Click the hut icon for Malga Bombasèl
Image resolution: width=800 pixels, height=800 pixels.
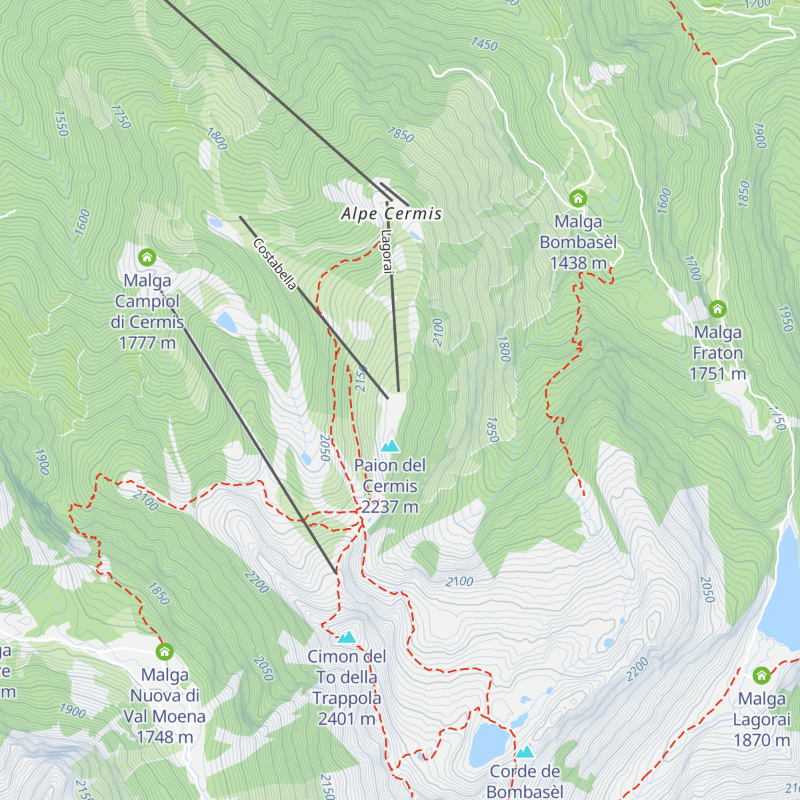pyautogui.click(x=578, y=198)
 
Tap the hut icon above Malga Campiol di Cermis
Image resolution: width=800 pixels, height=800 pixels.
pyautogui.click(x=147, y=257)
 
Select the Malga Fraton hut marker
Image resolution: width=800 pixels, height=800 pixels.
pyautogui.click(x=717, y=309)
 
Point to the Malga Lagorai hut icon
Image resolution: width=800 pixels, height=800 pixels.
pyautogui.click(x=761, y=675)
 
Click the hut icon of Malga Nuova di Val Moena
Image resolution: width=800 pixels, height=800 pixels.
pyautogui.click(x=164, y=651)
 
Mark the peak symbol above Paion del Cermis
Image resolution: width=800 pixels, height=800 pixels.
pyautogui.click(x=390, y=445)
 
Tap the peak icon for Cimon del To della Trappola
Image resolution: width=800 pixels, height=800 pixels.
pyautogui.click(x=347, y=637)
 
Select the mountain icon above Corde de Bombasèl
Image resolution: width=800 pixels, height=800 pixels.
pyautogui.click(x=525, y=752)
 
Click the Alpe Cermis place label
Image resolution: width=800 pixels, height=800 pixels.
pyautogui.click(x=391, y=214)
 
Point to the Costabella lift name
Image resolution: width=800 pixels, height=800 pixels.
pyautogui.click(x=274, y=265)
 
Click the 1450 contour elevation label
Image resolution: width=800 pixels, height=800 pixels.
pyautogui.click(x=484, y=44)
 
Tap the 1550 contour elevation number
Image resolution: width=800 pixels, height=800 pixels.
pyautogui.click(x=61, y=123)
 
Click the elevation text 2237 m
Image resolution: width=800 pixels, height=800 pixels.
pyautogui.click(x=390, y=507)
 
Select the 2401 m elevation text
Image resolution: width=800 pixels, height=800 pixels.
pyautogui.click(x=346, y=719)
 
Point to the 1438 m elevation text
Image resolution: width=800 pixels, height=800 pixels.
pyautogui.click(x=578, y=263)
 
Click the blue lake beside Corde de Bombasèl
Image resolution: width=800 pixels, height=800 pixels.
pyautogui.click(x=489, y=743)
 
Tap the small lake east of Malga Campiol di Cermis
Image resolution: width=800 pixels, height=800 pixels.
pyautogui.click(x=225, y=322)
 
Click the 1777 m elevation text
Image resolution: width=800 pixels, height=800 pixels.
pyautogui.click(x=147, y=343)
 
